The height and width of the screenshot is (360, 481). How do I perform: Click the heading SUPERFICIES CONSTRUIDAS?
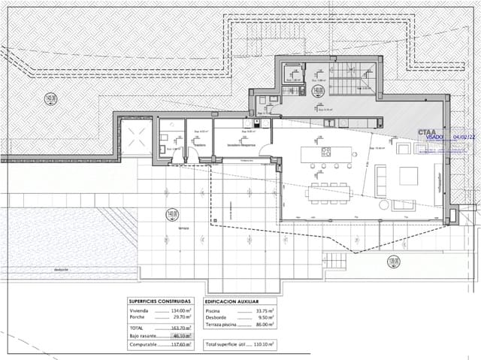click(x=159, y=301)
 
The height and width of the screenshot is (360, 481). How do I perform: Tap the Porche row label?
click(x=138, y=317)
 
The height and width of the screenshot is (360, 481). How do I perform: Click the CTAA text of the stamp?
click(x=431, y=131)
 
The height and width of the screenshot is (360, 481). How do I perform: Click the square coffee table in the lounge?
click(x=410, y=175)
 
